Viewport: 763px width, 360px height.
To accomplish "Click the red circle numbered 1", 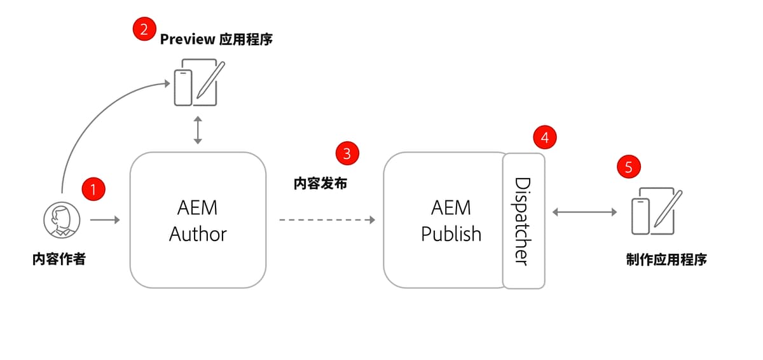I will click(93, 189).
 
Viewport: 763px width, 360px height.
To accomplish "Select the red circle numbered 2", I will click(144, 30).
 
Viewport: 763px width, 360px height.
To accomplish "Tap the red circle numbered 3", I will click(347, 153).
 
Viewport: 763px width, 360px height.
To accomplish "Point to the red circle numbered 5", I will click(629, 167).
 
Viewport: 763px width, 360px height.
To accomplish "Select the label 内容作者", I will click(58, 260).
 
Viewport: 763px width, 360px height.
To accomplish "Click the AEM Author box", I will click(198, 220).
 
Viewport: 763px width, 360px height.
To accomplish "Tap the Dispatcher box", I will click(523, 221).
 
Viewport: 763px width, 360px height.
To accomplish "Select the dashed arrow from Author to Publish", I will click(327, 220).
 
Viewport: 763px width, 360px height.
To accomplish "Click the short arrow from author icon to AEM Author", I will click(105, 220).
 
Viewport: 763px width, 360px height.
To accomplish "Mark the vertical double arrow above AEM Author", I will click(198, 130).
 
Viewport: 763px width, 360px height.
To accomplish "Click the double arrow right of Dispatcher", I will click(584, 212).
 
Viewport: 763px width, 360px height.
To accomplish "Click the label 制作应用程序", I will click(666, 260).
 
